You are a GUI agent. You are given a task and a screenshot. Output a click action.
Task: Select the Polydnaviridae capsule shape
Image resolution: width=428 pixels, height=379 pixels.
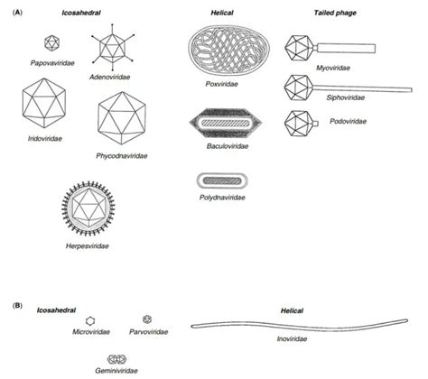point(223,180)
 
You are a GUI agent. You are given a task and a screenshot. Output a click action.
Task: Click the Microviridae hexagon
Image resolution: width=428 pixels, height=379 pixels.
point(91,320)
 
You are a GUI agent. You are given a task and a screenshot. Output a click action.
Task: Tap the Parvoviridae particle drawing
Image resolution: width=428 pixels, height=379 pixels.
point(149,319)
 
